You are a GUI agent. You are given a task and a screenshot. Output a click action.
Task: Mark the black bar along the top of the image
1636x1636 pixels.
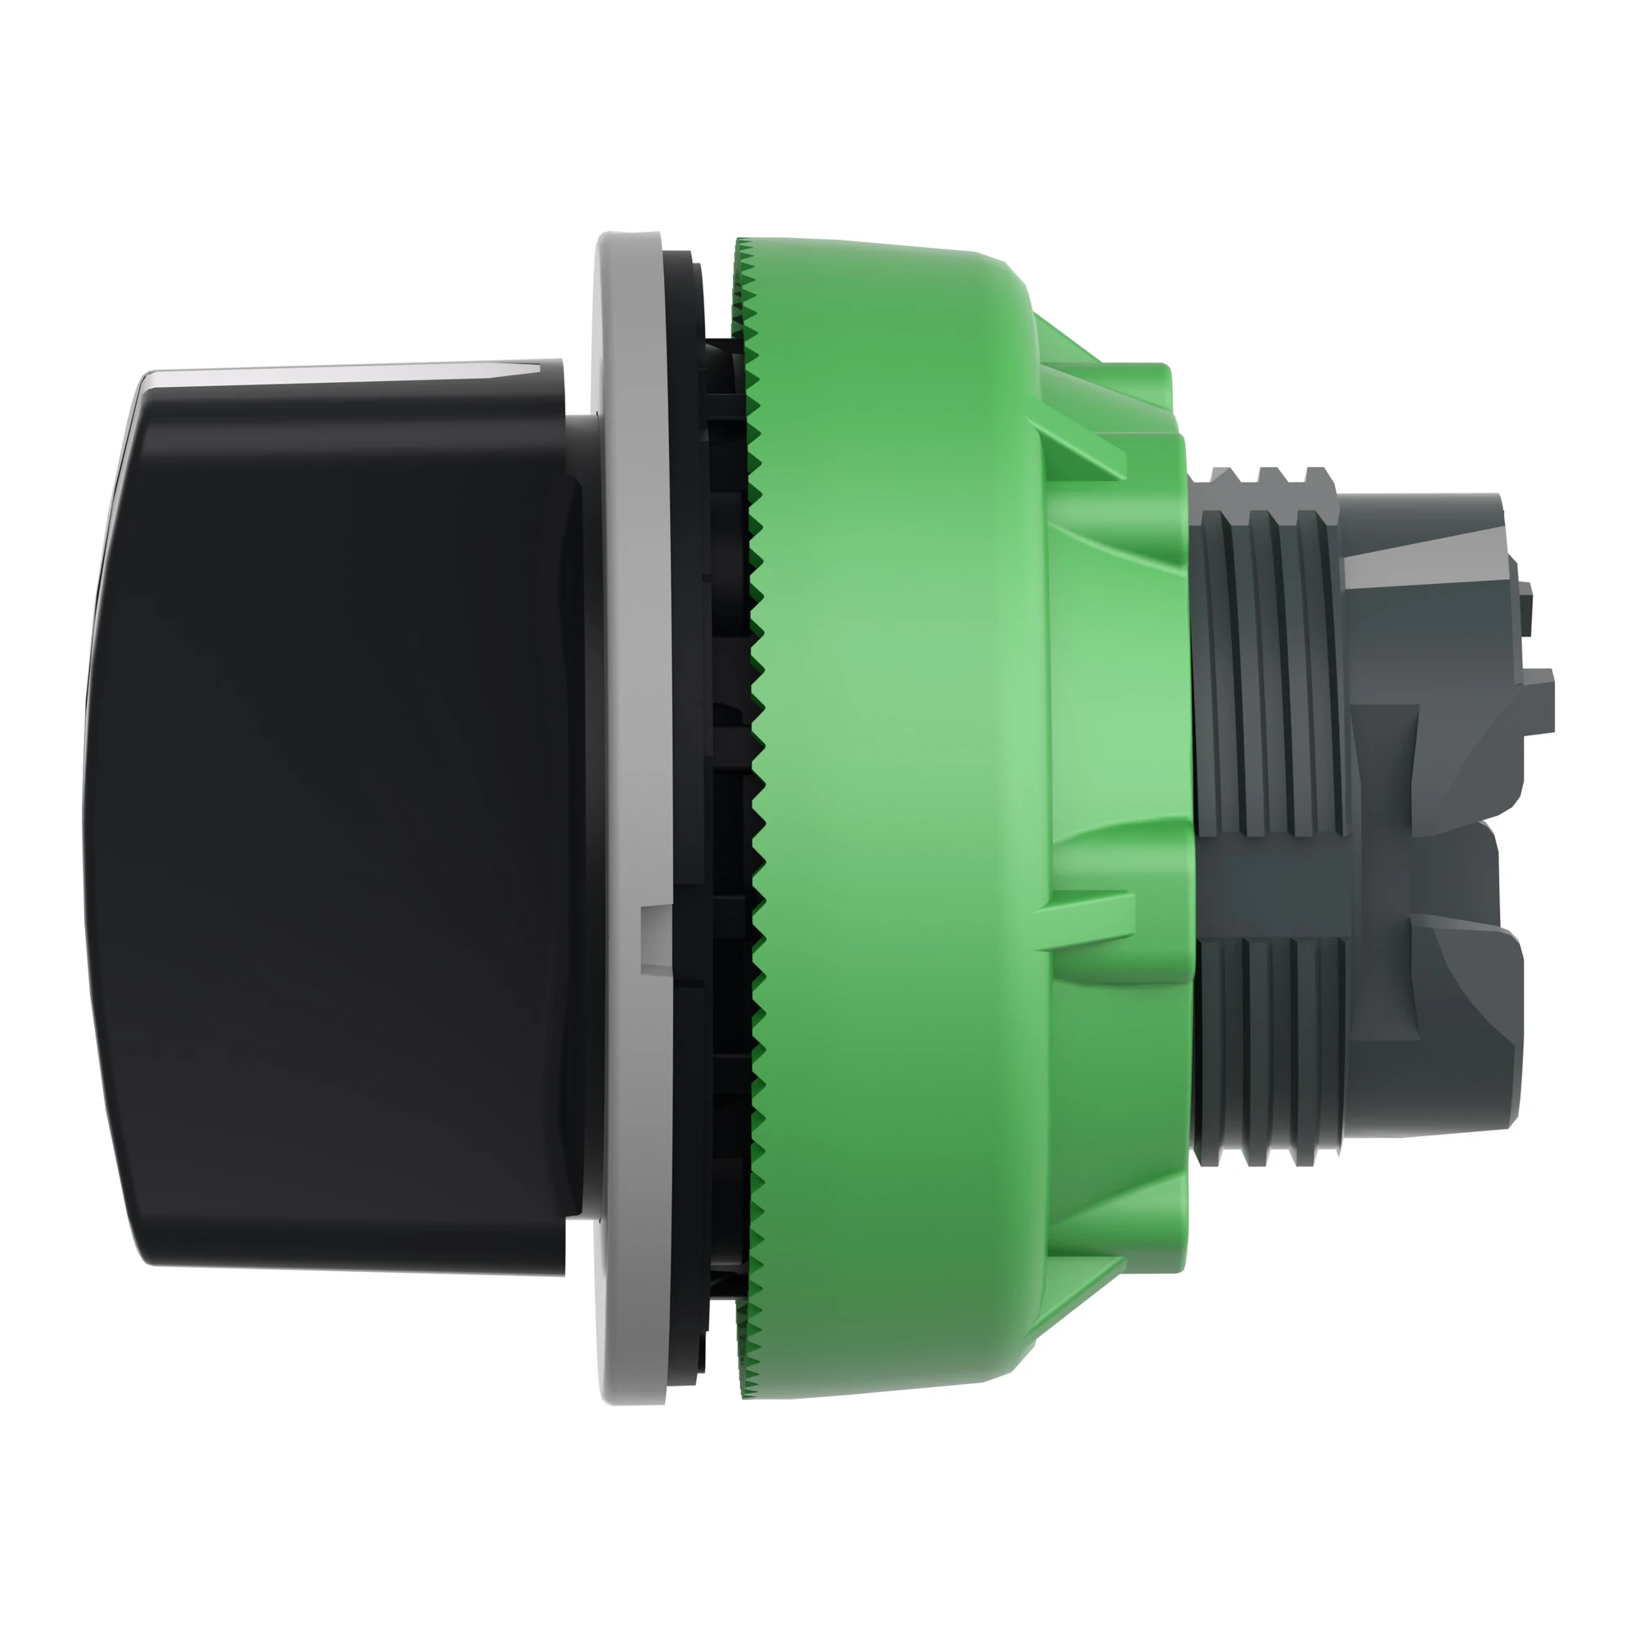pos(818,80)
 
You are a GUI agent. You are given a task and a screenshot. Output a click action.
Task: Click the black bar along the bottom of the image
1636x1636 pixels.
pos(818,1554)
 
